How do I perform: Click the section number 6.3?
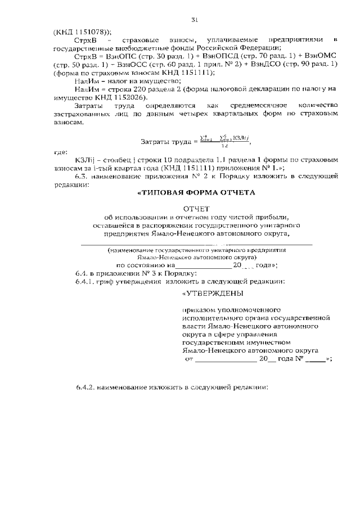(x=83, y=176)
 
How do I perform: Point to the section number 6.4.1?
(x=85, y=281)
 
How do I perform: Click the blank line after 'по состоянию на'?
(x=204, y=267)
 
